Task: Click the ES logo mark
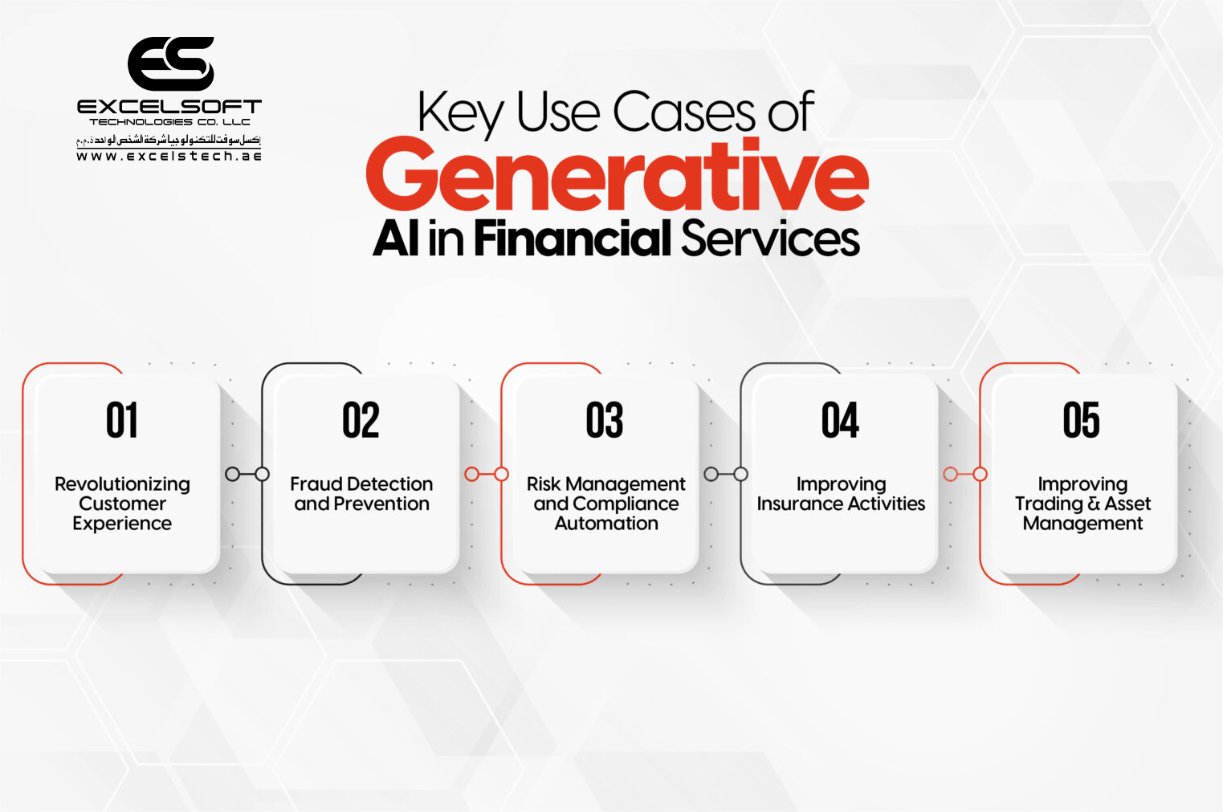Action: point(170,63)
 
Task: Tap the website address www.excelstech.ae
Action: point(169,157)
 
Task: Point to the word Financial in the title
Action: point(572,239)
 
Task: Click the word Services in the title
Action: point(770,239)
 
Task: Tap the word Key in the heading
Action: point(461,112)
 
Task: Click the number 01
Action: point(122,420)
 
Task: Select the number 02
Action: point(361,420)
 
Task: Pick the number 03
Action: point(604,420)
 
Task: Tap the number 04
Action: point(840,420)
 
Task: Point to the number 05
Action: point(1081,420)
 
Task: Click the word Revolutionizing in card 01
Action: point(122,484)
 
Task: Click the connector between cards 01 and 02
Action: point(247,474)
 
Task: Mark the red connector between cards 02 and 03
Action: point(487,474)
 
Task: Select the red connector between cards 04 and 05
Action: point(964,474)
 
